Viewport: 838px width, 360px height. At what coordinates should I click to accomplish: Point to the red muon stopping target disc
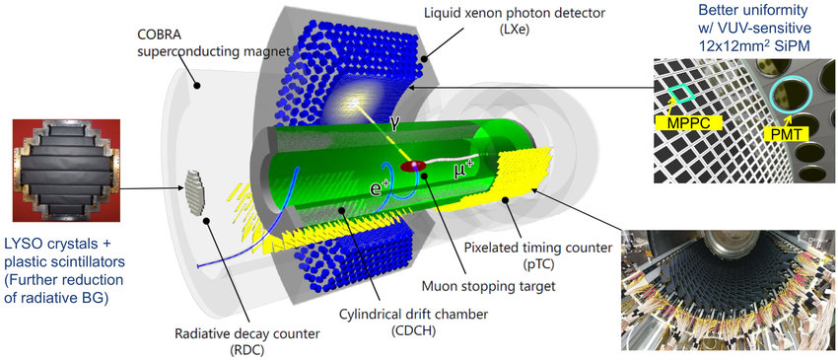tap(413, 167)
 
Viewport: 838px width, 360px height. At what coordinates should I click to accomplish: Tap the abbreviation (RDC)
tap(246, 350)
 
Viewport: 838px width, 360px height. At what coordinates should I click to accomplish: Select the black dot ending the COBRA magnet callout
tap(196, 85)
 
